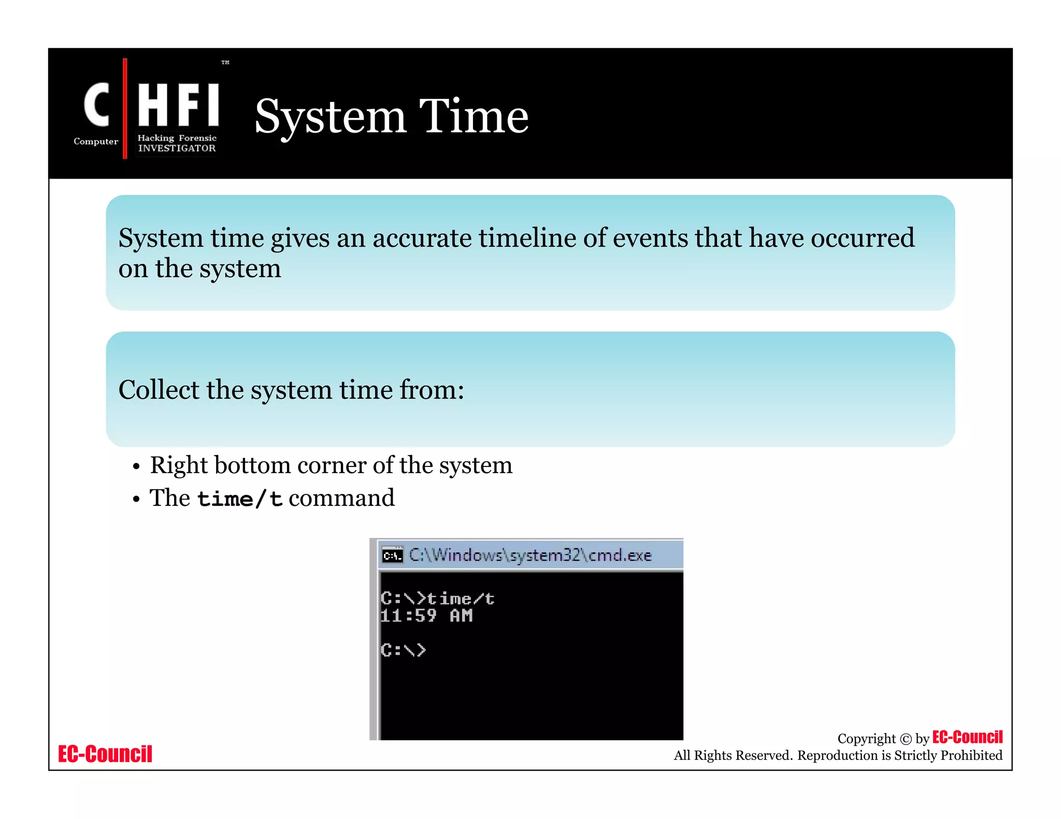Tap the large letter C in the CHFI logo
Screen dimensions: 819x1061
97,105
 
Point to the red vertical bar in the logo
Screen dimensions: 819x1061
125,109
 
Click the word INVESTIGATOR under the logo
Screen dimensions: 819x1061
177,148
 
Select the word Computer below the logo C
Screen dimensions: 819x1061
96,141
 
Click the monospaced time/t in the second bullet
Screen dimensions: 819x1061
239,499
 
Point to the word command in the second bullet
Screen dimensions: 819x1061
341,498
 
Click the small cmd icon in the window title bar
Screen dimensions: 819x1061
392,555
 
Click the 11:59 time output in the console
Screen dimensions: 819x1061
408,616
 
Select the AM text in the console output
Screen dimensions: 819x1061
461,616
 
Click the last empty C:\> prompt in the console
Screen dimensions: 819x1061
403,650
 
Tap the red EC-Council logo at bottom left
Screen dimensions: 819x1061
105,754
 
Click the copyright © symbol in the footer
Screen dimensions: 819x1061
906,739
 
